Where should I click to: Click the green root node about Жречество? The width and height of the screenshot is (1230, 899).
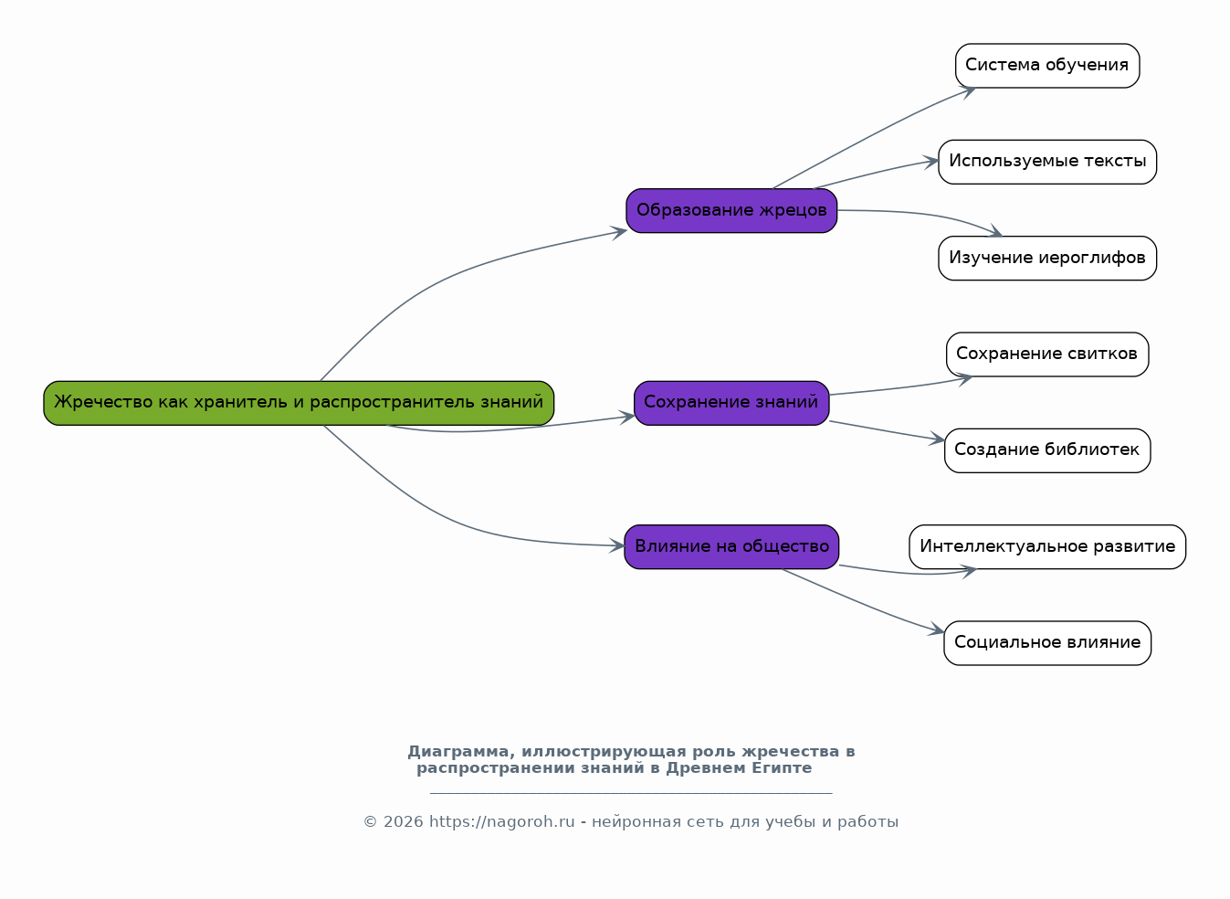click(299, 403)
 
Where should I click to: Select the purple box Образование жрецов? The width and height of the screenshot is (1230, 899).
click(731, 210)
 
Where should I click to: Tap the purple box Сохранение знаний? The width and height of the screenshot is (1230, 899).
click(731, 403)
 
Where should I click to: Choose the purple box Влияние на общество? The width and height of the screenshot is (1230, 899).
click(731, 546)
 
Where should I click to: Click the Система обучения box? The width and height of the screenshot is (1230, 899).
click(1047, 66)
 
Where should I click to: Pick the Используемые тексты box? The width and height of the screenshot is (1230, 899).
click(1047, 162)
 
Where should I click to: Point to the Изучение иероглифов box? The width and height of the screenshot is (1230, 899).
click(1047, 259)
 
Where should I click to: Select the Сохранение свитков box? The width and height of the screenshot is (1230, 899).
click(1047, 354)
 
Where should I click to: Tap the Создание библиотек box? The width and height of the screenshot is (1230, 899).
click(1047, 450)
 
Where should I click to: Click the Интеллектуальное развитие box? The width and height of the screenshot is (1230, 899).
click(1047, 546)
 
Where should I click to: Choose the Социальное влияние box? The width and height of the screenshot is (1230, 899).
click(1047, 643)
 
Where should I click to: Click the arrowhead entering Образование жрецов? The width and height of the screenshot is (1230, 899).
click(619, 232)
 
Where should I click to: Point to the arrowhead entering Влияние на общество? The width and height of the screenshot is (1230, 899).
click(617, 545)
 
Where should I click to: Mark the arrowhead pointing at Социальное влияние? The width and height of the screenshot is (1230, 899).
click(937, 629)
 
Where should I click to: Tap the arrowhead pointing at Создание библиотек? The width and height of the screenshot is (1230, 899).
click(937, 439)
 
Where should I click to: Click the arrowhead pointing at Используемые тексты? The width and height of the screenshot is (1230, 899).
click(930, 162)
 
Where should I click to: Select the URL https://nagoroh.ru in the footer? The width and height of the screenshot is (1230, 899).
click(501, 822)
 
